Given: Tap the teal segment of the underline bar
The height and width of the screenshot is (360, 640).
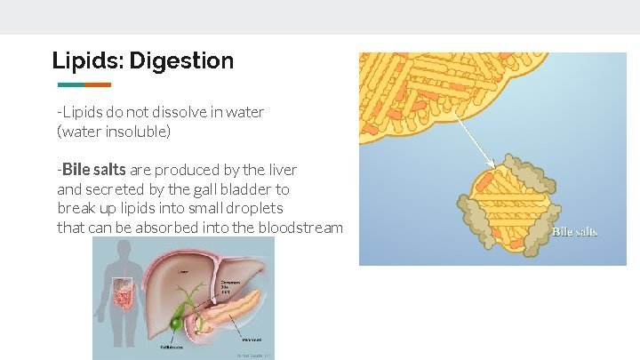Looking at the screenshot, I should pos(70,85).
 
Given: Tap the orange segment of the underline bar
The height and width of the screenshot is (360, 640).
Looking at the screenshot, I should pos(98,85).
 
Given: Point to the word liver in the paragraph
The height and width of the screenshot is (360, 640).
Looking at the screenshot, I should pos(280,170).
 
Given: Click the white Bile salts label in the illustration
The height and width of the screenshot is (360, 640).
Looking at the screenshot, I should pos(574,232).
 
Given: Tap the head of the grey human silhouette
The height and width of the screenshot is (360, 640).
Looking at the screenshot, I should pos(118,251).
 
